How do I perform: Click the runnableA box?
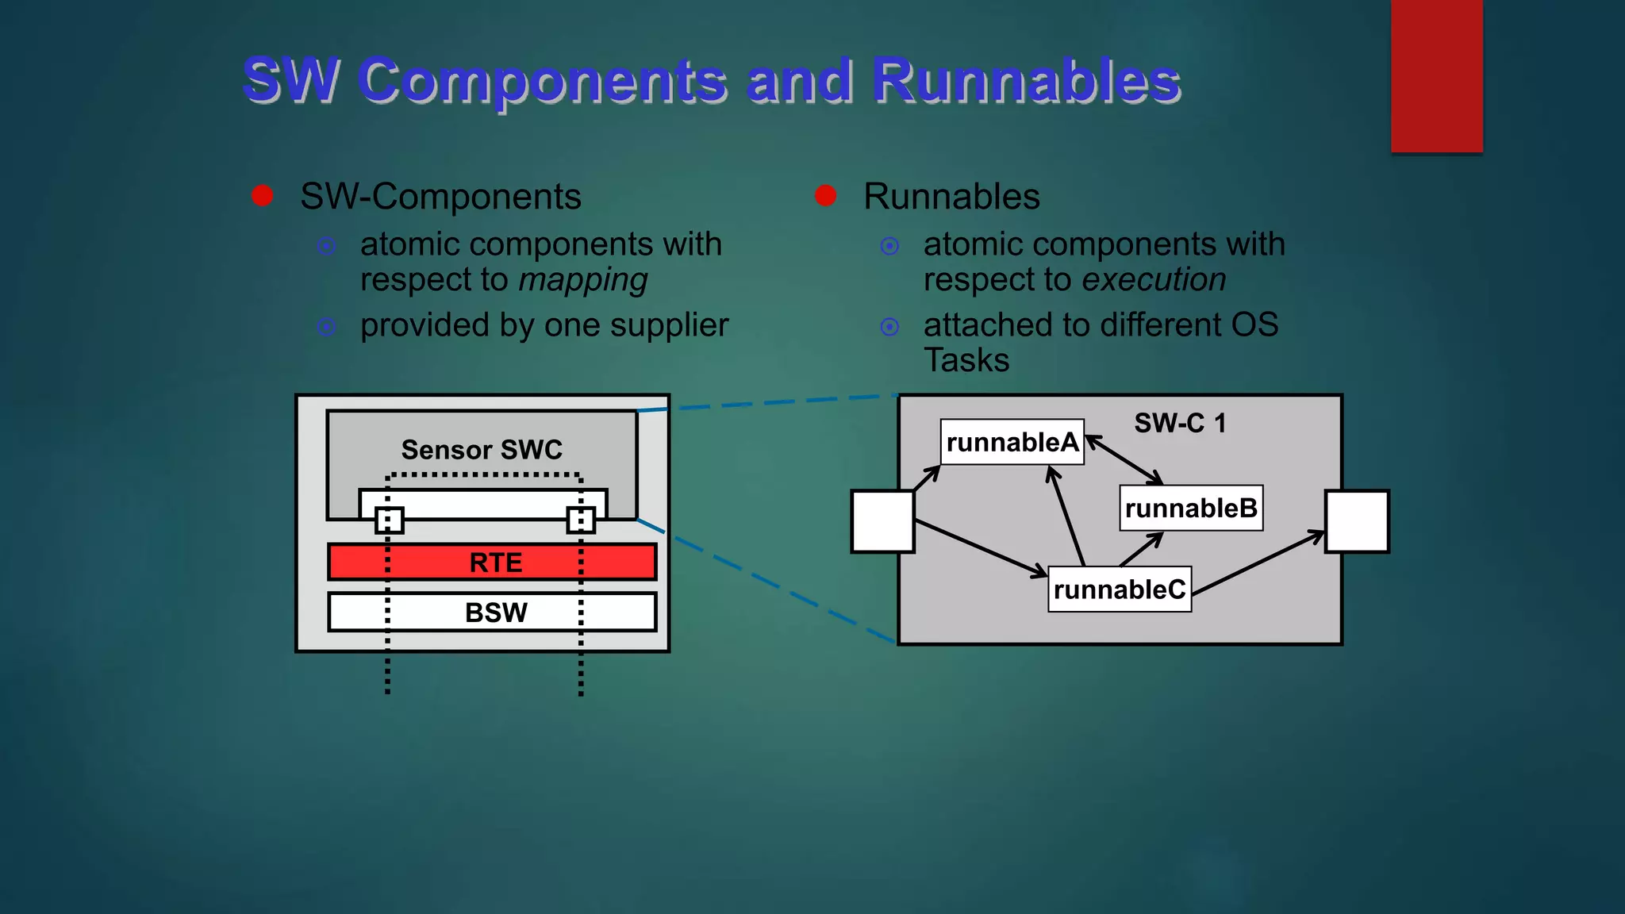[1012, 442]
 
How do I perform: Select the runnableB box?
[1190, 508]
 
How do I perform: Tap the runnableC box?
[1119, 589]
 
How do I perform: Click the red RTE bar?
[492, 562]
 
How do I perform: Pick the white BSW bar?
[492, 612]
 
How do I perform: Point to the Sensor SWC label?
[482, 450]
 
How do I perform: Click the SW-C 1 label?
[1180, 423]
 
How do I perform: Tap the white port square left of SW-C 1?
[882, 521]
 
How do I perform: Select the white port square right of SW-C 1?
[1357, 521]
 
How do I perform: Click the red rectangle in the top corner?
[1436, 75]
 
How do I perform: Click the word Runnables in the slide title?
[1026, 81]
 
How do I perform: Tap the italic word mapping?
[583, 280]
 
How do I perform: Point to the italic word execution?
[1154, 280]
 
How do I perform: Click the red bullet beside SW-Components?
[263, 196]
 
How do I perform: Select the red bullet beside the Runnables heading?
[826, 196]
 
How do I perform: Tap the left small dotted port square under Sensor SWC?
[389, 520]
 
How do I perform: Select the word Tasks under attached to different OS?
[966, 360]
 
